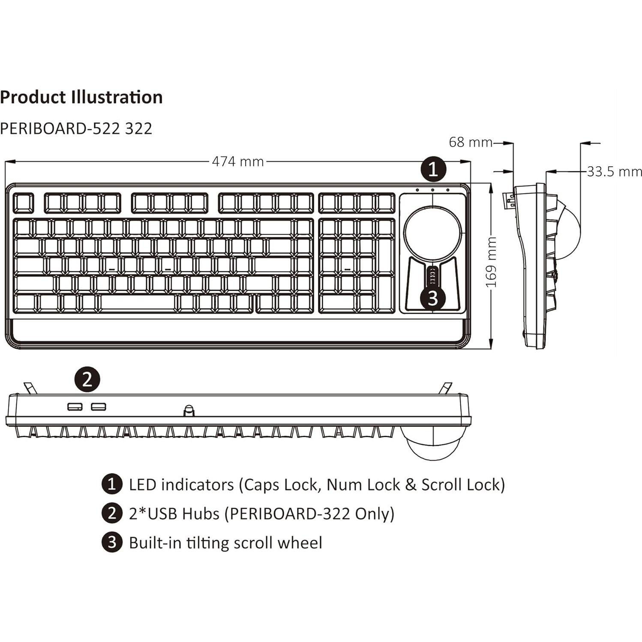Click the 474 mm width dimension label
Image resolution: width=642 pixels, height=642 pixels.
[x=238, y=162]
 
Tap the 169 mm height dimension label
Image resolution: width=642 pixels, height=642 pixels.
[x=491, y=262]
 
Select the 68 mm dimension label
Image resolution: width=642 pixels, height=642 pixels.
[x=470, y=142]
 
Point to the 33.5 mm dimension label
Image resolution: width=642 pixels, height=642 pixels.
[x=614, y=172]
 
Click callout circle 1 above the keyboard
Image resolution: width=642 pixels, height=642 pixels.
[x=433, y=169]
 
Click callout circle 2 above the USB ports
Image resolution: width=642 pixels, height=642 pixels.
[x=87, y=379]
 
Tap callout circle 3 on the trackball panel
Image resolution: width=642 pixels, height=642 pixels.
[x=432, y=298]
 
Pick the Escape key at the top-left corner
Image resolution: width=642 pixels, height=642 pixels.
[x=23, y=203]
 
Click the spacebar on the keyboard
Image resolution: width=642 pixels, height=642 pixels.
[x=138, y=303]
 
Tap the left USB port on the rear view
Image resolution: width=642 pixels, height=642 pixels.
[x=75, y=406]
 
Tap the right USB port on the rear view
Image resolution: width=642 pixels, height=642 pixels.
[x=98, y=406]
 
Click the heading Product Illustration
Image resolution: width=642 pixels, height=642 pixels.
[x=81, y=97]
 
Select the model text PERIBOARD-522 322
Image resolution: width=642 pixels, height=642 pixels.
[x=76, y=129]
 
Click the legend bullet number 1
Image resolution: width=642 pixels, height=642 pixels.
[x=112, y=484]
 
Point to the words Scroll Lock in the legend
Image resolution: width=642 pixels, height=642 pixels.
[x=461, y=485]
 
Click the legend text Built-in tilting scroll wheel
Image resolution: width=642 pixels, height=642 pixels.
[x=225, y=543]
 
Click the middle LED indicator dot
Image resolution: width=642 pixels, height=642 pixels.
[x=432, y=190]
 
